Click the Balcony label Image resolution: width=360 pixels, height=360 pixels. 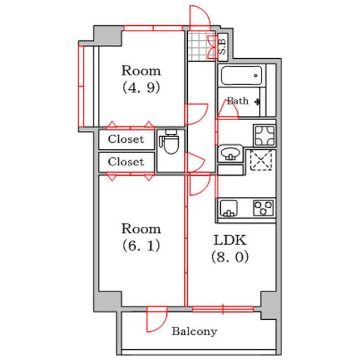coord(194,332)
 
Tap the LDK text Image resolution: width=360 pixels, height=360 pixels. coord(230,240)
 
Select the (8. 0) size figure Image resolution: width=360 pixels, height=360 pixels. coord(230,257)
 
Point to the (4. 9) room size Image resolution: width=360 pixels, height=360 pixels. coord(141,88)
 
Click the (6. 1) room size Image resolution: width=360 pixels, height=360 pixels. coord(141,246)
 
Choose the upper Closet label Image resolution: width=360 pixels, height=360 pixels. coord(126,139)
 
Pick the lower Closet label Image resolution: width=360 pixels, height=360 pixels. coord(126,162)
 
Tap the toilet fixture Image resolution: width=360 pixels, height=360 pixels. coord(170,142)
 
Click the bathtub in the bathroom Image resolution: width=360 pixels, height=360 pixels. coord(241,76)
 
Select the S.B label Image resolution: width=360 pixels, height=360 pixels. coord(222,47)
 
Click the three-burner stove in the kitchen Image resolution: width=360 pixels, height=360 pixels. coord(263,208)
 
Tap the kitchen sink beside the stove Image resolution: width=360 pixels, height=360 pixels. coord(229,208)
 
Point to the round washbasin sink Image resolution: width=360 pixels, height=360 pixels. coord(230,153)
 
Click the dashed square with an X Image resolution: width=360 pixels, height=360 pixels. coord(261,160)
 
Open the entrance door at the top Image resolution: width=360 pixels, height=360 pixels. coord(200,18)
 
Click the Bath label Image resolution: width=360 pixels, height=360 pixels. coord(238,101)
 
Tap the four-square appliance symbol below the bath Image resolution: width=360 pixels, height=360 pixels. coord(265,136)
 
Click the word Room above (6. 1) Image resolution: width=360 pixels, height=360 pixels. coord(141,229)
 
